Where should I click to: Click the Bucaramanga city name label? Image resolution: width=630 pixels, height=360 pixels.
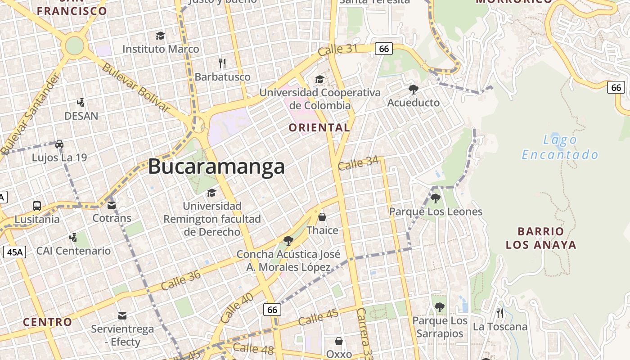(216, 167)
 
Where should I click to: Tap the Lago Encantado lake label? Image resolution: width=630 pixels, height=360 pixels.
(560, 148)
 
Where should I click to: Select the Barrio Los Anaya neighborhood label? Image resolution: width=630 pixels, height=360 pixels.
(541, 238)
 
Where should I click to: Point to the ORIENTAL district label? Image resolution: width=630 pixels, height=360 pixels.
(319, 128)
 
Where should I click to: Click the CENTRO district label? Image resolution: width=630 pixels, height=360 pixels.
(47, 322)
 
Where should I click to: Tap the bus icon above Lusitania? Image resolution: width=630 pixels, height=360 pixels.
(37, 206)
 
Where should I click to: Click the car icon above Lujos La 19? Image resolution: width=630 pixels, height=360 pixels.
(59, 144)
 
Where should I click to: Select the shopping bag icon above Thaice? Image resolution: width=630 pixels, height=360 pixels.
(322, 217)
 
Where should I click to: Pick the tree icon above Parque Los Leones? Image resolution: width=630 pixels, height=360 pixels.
(435, 198)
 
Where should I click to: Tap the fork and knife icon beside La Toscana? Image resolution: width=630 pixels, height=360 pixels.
(499, 313)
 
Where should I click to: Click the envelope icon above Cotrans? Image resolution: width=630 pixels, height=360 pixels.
(112, 205)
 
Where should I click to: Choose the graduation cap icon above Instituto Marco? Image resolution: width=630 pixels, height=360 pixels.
(160, 36)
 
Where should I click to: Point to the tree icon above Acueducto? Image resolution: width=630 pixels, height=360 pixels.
(413, 89)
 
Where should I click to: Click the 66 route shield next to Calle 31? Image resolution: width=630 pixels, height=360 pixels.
(383, 49)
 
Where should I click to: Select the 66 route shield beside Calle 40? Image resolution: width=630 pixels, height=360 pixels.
(272, 310)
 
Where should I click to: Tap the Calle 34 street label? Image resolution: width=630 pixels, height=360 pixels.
(358, 163)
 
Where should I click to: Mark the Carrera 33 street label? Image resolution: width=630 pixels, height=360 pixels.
(366, 333)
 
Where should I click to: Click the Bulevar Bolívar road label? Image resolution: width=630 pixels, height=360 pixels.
(135, 87)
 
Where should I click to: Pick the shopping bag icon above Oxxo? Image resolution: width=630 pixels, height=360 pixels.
(338, 341)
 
